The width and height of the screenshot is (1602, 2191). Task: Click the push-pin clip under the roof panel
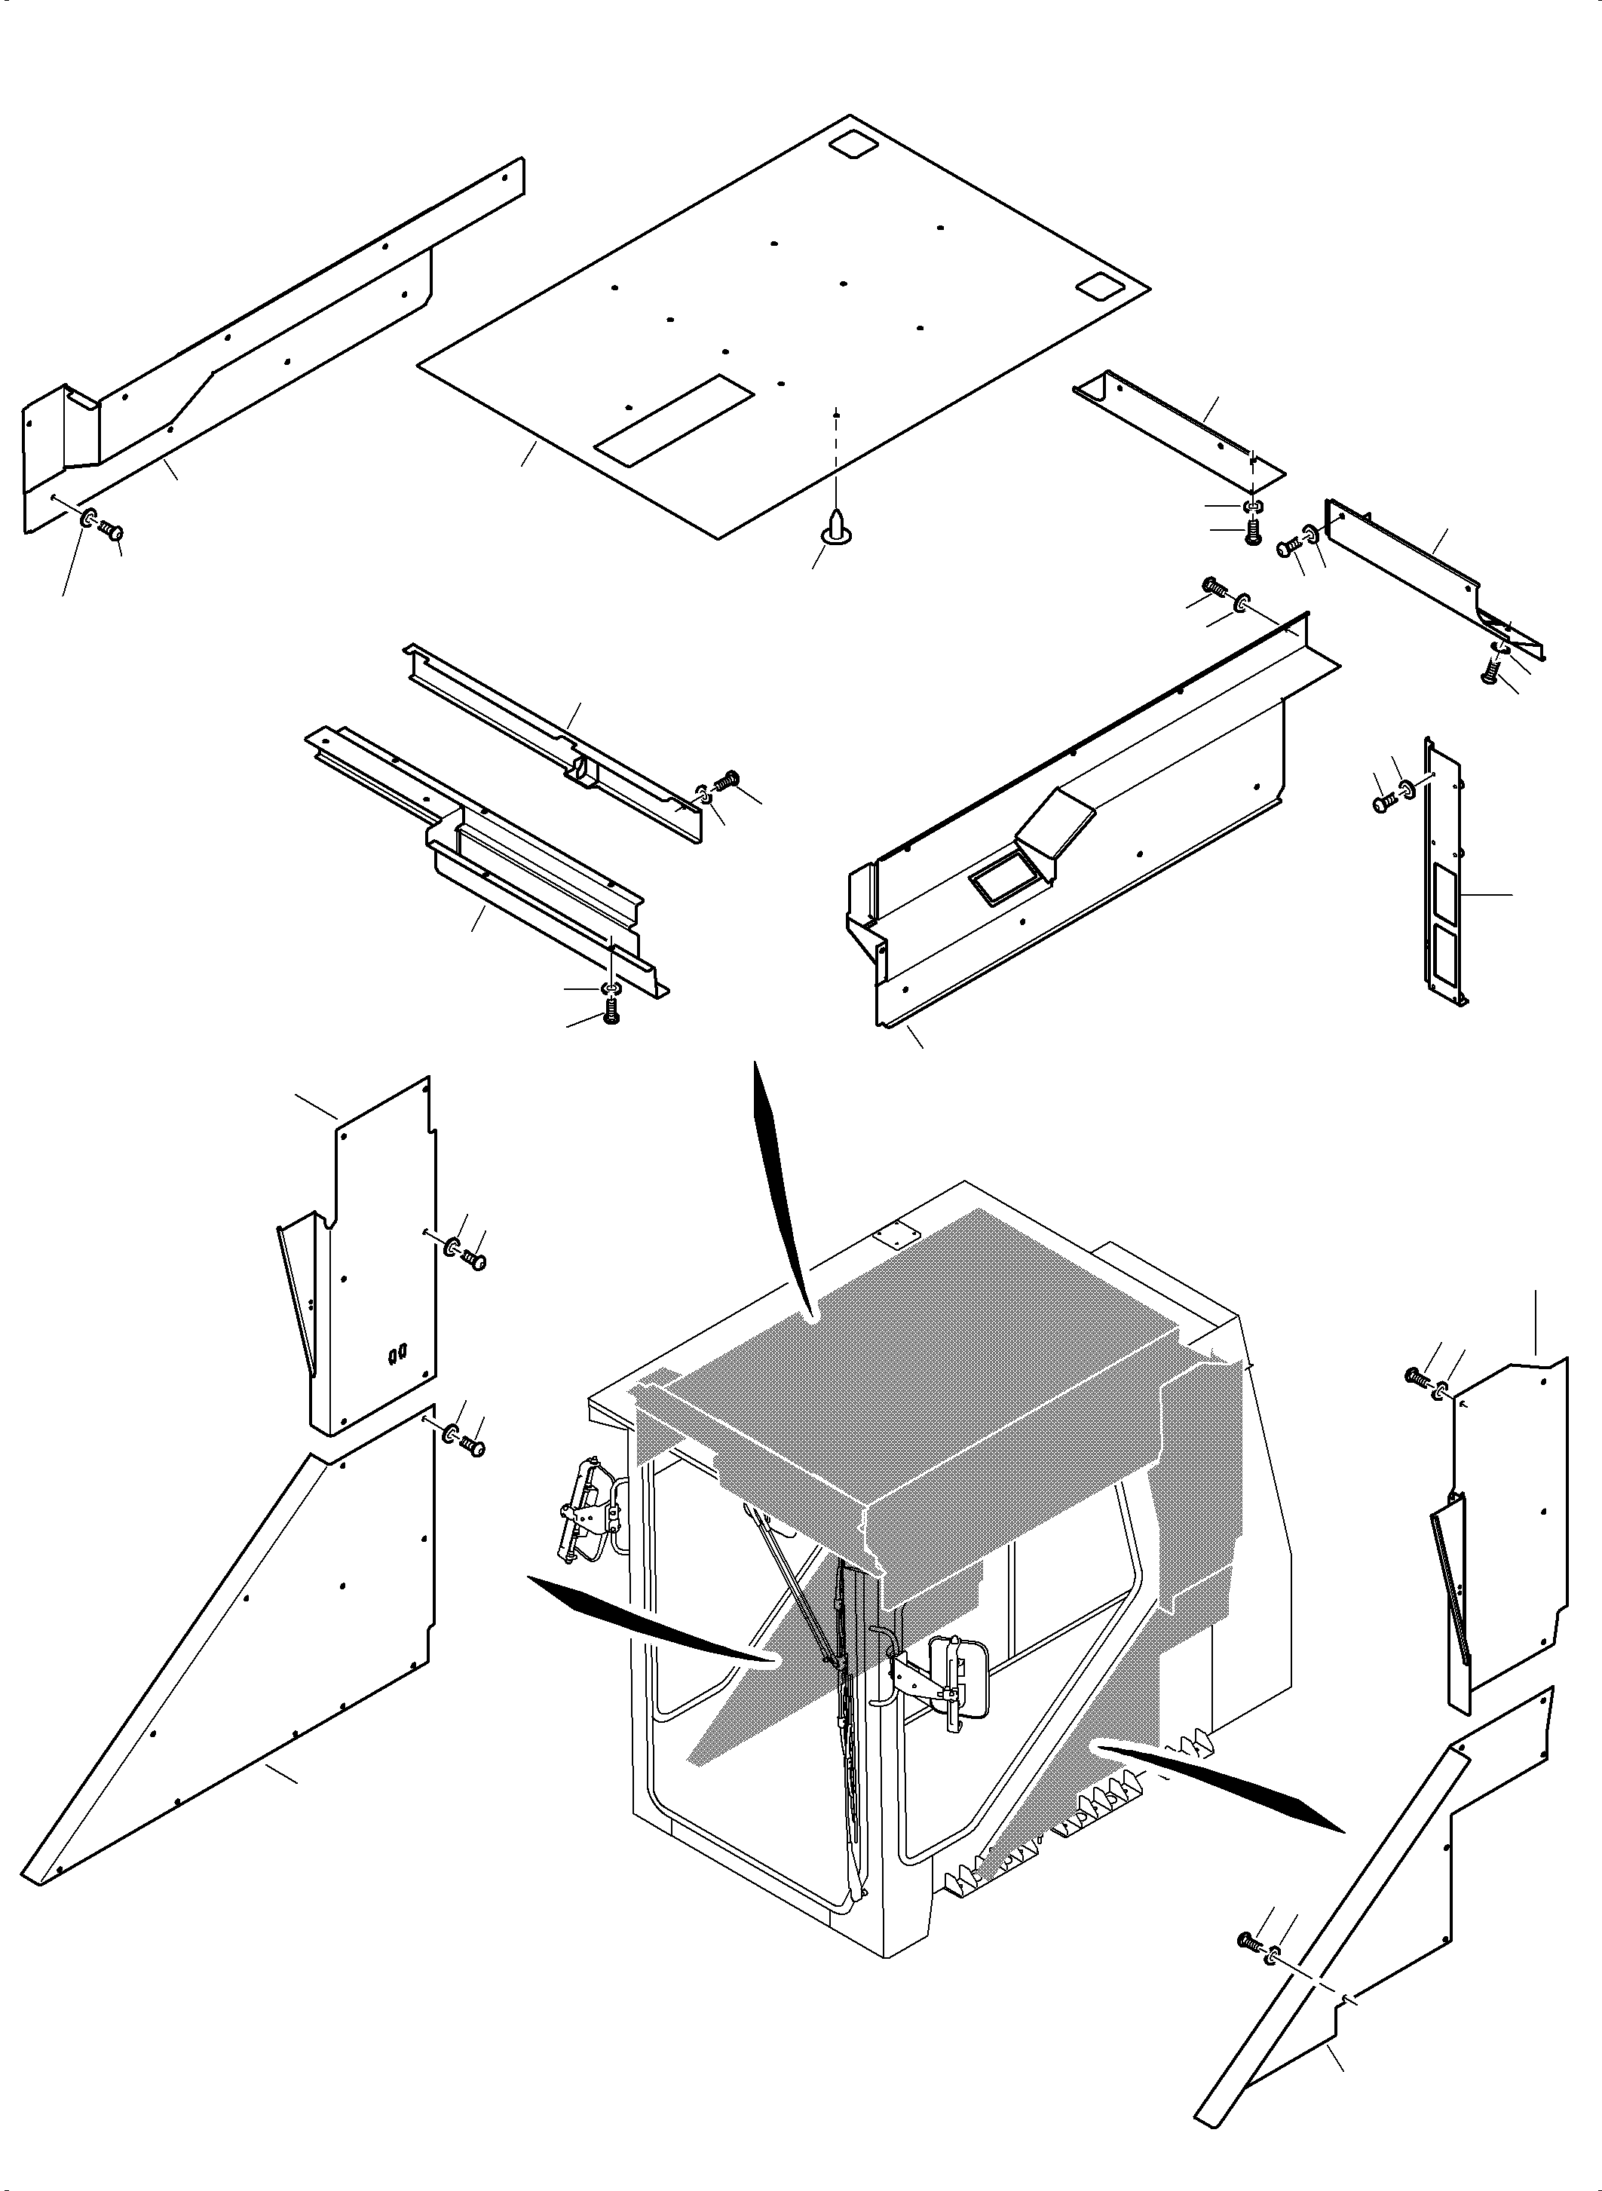[833, 524]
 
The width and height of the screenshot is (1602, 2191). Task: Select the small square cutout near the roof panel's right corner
[1098, 285]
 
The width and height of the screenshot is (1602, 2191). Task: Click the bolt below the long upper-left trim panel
[111, 531]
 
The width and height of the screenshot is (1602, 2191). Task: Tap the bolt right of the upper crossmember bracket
[728, 778]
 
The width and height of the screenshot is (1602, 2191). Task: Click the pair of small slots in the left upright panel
[396, 1353]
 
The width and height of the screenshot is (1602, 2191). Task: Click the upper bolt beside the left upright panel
[474, 1260]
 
